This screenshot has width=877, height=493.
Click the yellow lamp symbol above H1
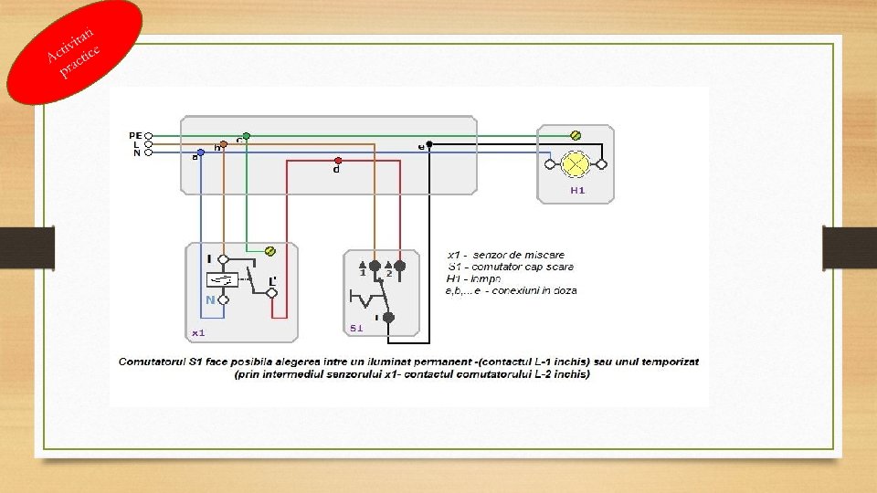pos(576,164)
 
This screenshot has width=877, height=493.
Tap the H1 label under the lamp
pos(576,191)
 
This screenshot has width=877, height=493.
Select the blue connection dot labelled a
pos(200,153)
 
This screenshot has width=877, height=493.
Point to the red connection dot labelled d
pos(338,161)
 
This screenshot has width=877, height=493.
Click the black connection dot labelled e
pos(429,144)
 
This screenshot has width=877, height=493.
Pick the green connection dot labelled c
pos(247,136)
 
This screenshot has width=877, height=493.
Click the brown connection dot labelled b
pos(224,144)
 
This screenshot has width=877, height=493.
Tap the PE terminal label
pos(134,135)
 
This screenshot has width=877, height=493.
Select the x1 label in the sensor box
pos(198,332)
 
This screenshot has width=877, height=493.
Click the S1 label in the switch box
pos(356,327)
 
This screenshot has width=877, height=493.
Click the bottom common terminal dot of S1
pos(387,318)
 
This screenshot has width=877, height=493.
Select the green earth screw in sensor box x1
pos(269,251)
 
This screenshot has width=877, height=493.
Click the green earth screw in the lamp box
pos(576,135)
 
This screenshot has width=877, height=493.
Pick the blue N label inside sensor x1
pos(210,299)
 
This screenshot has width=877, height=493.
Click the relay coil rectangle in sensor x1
pos(222,279)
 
